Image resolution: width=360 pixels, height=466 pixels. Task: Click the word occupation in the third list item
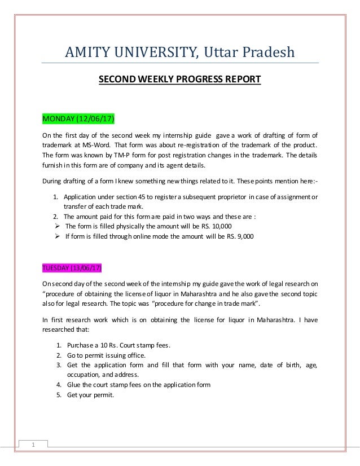83,375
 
